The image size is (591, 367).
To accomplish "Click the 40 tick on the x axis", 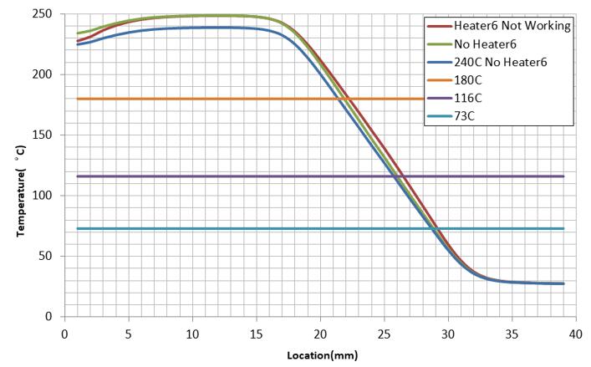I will click(575, 332).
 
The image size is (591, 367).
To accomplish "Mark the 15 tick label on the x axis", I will click(256, 332).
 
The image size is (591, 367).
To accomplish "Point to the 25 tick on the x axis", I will click(384, 332).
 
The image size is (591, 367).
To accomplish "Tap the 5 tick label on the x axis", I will click(129, 332).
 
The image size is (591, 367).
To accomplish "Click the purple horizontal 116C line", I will click(251, 176).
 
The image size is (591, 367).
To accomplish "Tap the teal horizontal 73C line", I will click(251, 228).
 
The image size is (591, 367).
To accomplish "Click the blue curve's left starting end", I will click(78, 44).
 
